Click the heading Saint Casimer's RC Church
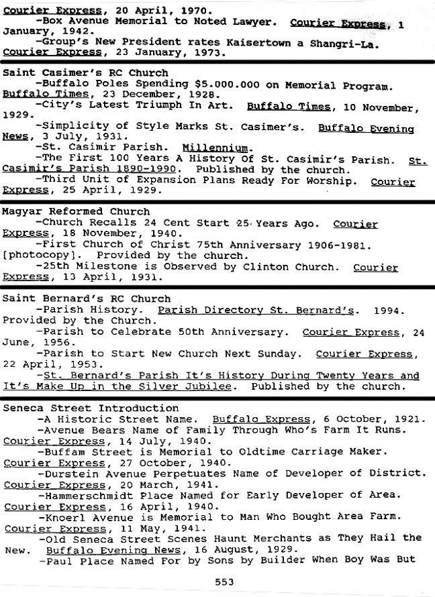coord(86,72)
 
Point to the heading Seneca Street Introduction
coord(91,408)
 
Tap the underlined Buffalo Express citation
coord(261,419)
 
